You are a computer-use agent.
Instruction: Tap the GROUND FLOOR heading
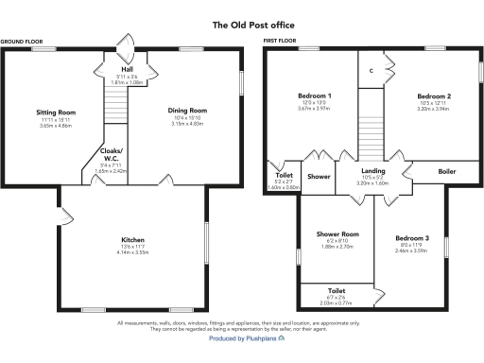pos(24,42)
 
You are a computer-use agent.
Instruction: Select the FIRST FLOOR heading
pos(281,42)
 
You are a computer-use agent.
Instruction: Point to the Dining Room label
pos(180,111)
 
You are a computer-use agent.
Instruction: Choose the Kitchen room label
pos(133,239)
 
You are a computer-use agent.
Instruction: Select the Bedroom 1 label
pos(315,96)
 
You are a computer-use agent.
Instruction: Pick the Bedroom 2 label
pos(435,96)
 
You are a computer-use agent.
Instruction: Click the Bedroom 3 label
pos(412,237)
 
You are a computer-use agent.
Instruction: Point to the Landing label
pos(373,170)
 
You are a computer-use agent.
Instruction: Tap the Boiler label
pos(447,171)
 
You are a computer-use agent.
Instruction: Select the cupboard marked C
pos(372,71)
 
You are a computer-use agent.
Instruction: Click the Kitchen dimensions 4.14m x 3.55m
pos(133,253)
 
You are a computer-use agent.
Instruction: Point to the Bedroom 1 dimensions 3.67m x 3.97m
pos(315,109)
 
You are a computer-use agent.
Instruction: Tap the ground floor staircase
pos(112,99)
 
